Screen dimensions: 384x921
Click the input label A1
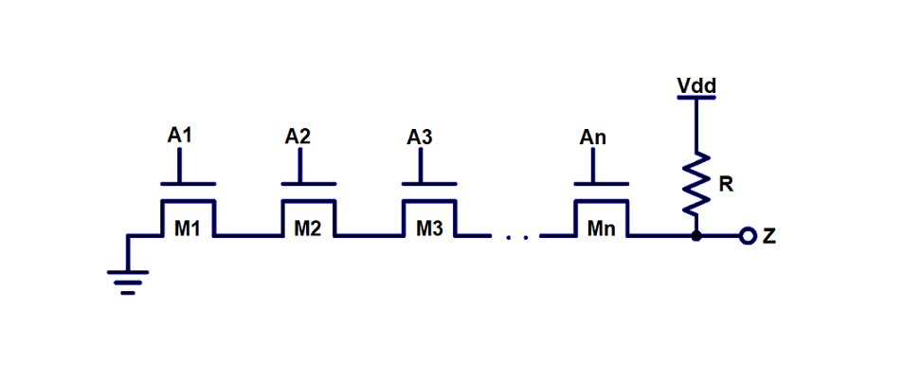pyautogui.click(x=179, y=136)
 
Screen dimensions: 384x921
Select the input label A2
pyautogui.click(x=298, y=137)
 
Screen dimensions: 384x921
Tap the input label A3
pyautogui.click(x=420, y=137)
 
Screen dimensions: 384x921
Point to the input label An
pyautogui.click(x=592, y=137)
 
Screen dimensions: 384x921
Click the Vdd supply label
pyautogui.click(x=696, y=86)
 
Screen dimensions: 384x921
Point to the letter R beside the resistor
pyautogui.click(x=726, y=184)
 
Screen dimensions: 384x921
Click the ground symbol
pyautogui.click(x=128, y=279)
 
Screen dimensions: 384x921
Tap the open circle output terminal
pyautogui.click(x=748, y=236)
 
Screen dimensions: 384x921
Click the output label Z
pyautogui.click(x=769, y=236)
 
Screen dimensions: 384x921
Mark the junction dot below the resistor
pyautogui.click(x=696, y=236)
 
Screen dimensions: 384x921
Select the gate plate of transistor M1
pyautogui.click(x=188, y=184)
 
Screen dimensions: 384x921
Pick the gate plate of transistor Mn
pyautogui.click(x=601, y=184)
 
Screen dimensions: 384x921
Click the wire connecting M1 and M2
pyautogui.click(x=247, y=236)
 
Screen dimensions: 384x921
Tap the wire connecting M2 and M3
pyautogui.click(x=368, y=236)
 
